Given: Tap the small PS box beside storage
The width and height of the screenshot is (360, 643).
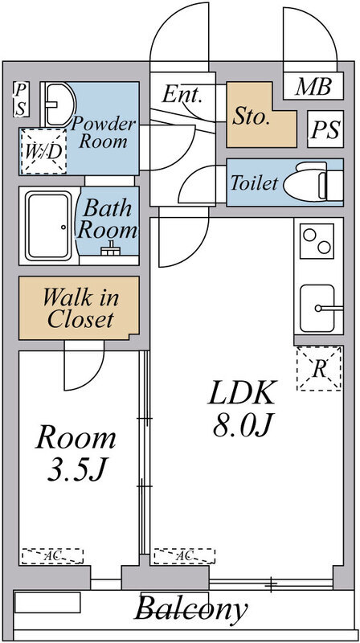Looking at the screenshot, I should (x=325, y=128).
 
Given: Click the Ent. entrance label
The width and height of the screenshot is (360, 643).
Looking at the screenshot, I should (x=182, y=94).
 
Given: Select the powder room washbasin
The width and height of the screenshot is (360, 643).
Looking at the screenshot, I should (x=57, y=102).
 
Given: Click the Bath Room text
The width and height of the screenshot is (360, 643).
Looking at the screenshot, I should (x=105, y=219).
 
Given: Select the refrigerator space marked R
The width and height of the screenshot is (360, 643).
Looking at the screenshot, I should (x=319, y=369).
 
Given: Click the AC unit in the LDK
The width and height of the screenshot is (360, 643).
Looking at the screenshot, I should (x=184, y=555).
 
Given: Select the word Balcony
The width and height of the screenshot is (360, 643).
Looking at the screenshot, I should (x=190, y=609).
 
